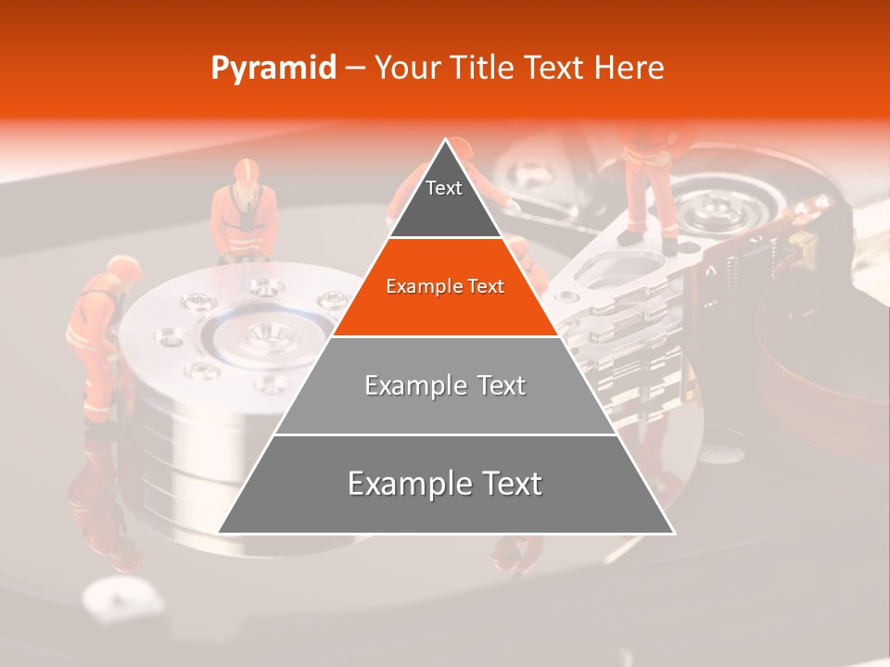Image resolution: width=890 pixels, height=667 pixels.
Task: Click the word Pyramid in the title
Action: (273, 69)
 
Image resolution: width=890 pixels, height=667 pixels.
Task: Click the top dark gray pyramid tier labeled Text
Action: (445, 199)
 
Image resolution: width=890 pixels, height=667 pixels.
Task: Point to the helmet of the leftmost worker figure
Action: (123, 269)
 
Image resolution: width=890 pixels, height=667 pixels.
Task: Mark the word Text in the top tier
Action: (444, 188)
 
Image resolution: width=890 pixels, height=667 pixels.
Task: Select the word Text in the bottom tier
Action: (504, 484)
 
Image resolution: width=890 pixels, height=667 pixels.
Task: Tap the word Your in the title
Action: (405, 68)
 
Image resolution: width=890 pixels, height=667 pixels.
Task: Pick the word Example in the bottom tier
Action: (404, 484)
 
